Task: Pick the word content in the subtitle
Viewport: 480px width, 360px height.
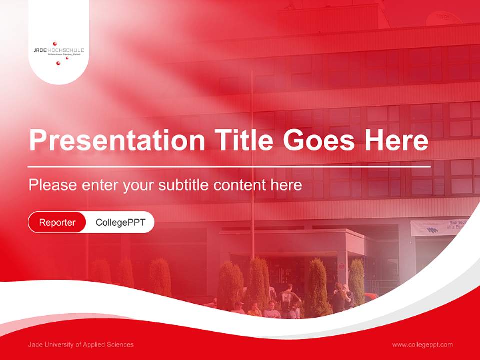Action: [x=239, y=185]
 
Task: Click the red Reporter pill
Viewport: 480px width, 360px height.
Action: [x=57, y=222]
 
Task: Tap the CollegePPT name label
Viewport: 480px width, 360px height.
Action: [x=120, y=222]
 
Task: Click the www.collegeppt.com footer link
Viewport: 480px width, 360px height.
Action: [x=422, y=344]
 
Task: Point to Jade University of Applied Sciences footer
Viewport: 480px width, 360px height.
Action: [x=81, y=344]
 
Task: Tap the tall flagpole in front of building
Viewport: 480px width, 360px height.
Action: [x=252, y=150]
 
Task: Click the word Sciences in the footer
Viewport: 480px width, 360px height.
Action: [x=119, y=344]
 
